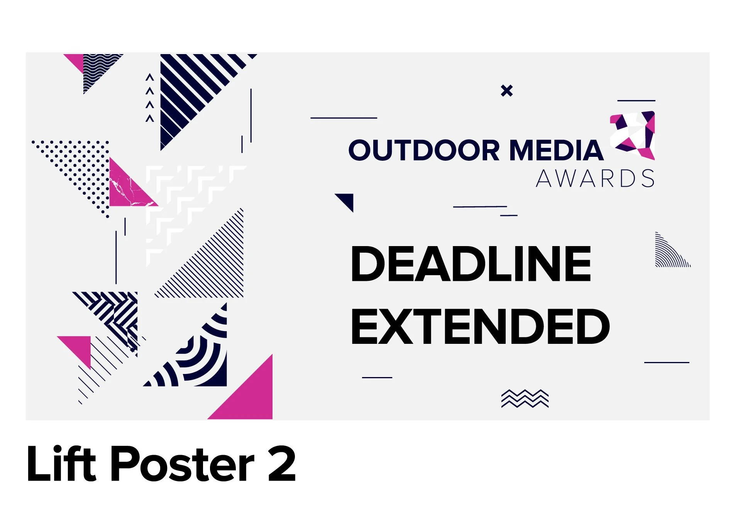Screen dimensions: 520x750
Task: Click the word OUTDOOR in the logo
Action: (424, 150)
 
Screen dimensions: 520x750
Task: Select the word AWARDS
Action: (595, 179)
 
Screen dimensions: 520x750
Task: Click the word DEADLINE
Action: (471, 264)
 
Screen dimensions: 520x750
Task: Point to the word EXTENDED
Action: (480, 327)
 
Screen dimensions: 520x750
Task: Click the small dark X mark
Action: (506, 91)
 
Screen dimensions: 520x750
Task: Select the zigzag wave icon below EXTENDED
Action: (525, 399)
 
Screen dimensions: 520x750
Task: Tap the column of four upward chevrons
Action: (150, 98)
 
